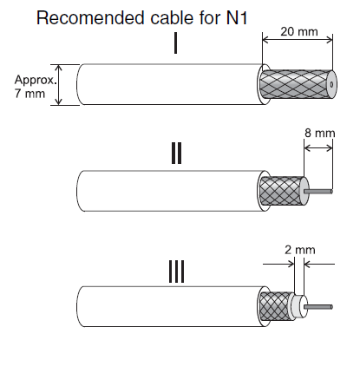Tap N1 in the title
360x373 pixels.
[237, 18]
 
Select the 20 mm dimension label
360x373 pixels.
[299, 31]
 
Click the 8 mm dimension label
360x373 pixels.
[320, 133]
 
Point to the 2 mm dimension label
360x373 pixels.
[300, 250]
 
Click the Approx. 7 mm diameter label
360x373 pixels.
[36, 87]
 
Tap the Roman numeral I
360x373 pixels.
[175, 44]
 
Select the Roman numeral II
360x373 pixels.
[176, 153]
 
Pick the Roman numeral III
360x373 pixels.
[176, 272]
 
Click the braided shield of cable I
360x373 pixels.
[294, 84]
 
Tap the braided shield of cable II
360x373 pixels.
[281, 191]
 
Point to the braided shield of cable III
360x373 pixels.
[275, 306]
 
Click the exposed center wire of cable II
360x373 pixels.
[318, 191]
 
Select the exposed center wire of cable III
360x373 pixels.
[318, 307]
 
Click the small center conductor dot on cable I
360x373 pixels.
[331, 84]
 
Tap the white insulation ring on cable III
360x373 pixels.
[298, 306]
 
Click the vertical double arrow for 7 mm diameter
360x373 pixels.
[59, 84]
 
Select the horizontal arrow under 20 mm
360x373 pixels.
[298, 40]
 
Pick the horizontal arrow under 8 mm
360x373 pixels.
[318, 148]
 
